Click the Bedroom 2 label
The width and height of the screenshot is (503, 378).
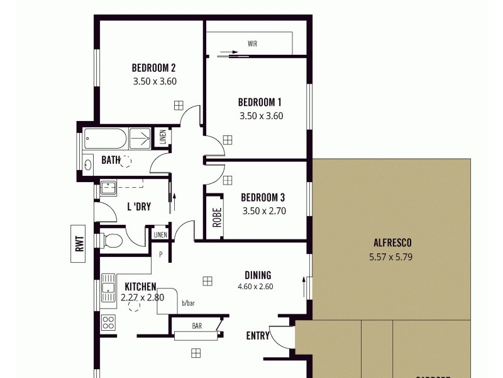click(x=153, y=68)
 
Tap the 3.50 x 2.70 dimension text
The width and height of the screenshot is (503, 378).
click(x=264, y=211)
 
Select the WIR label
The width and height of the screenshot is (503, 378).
click(x=253, y=44)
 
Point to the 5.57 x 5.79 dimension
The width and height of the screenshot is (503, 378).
click(x=391, y=256)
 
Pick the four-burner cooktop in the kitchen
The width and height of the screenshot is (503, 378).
click(x=108, y=323)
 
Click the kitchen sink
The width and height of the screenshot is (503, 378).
click(x=108, y=289)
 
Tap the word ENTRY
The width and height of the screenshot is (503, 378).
click(x=258, y=336)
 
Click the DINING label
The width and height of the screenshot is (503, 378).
click(x=258, y=275)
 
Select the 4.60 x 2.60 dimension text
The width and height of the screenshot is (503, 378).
click(x=255, y=287)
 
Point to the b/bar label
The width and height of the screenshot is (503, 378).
click(x=188, y=304)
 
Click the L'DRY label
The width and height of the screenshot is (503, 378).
click(x=139, y=206)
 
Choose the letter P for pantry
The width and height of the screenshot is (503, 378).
click(x=161, y=255)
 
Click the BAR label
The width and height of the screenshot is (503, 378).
click(x=197, y=326)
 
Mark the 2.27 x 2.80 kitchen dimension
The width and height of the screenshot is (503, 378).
click(x=142, y=298)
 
